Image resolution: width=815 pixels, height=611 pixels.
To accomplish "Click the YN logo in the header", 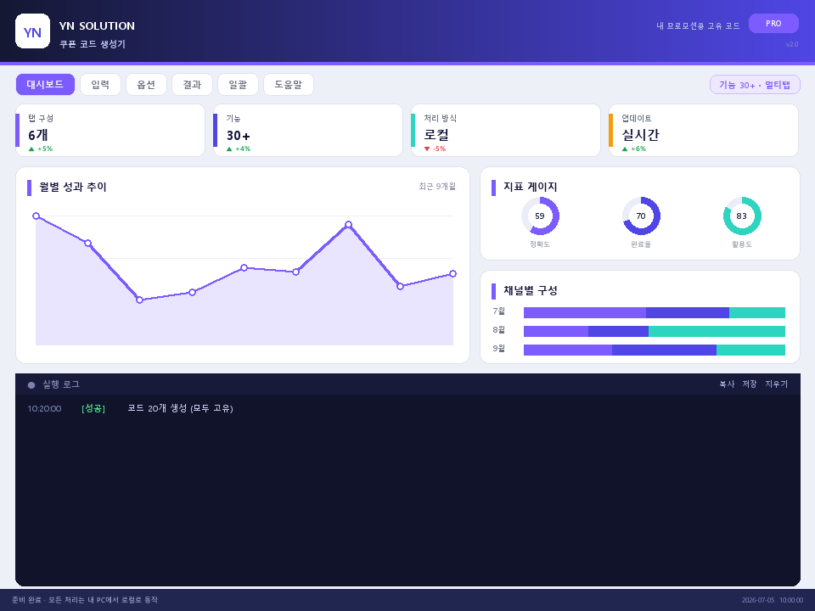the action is point(33,31).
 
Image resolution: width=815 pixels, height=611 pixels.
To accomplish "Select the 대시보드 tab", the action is point(45,84).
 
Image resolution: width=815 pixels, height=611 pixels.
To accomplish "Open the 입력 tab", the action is point(100,84).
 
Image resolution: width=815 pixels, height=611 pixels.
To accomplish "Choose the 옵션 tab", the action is point(146,84).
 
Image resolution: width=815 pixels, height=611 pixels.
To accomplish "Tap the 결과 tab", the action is point(192,84).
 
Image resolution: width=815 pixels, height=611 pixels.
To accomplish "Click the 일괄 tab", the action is point(238,84).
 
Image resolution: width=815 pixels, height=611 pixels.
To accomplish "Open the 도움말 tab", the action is point(289,84).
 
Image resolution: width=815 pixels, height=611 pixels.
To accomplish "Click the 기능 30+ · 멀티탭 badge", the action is point(755,85).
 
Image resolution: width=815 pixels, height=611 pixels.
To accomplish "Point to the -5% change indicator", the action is point(435,149).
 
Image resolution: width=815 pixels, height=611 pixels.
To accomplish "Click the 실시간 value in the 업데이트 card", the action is point(640,135).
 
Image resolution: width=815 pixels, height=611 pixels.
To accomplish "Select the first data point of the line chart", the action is point(36,216).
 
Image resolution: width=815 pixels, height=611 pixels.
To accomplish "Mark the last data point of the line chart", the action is point(452,274).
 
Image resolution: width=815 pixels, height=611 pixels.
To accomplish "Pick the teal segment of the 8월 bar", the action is point(717,332).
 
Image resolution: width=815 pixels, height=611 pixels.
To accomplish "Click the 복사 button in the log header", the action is point(727,384).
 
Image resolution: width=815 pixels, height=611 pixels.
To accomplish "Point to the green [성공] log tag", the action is point(93,408).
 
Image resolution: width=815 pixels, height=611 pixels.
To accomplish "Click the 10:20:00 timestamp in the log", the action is point(44,409).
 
